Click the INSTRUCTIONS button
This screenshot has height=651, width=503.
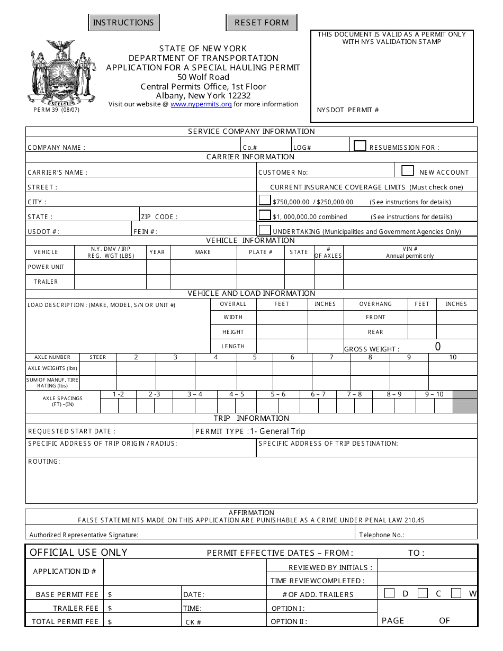tap(123, 23)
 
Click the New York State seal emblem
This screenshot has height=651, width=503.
tap(62, 73)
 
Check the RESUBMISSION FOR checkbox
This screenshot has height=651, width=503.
tap(360, 146)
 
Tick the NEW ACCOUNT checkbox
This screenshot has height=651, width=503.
tap(407, 170)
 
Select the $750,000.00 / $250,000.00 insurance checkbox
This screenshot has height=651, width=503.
tap(264, 200)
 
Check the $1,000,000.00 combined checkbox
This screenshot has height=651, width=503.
tap(264, 215)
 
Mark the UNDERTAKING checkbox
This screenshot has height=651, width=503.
tap(264, 230)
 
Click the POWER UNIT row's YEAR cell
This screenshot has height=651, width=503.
tap(158, 267)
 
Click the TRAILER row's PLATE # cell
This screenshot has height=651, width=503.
tap(261, 282)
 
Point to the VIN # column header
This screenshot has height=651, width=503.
tap(410, 249)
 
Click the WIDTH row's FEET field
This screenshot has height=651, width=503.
tap(282, 318)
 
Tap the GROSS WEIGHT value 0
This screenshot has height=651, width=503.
tap(437, 347)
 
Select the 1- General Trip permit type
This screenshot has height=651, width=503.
tap(277, 431)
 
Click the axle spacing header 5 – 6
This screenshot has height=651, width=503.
tap(278, 394)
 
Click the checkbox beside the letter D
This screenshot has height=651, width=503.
tap(389, 593)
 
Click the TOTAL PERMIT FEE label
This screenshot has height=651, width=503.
tap(65, 621)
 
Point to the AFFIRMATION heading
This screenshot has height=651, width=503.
tap(251, 512)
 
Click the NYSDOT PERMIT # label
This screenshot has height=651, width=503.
tap(348, 110)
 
